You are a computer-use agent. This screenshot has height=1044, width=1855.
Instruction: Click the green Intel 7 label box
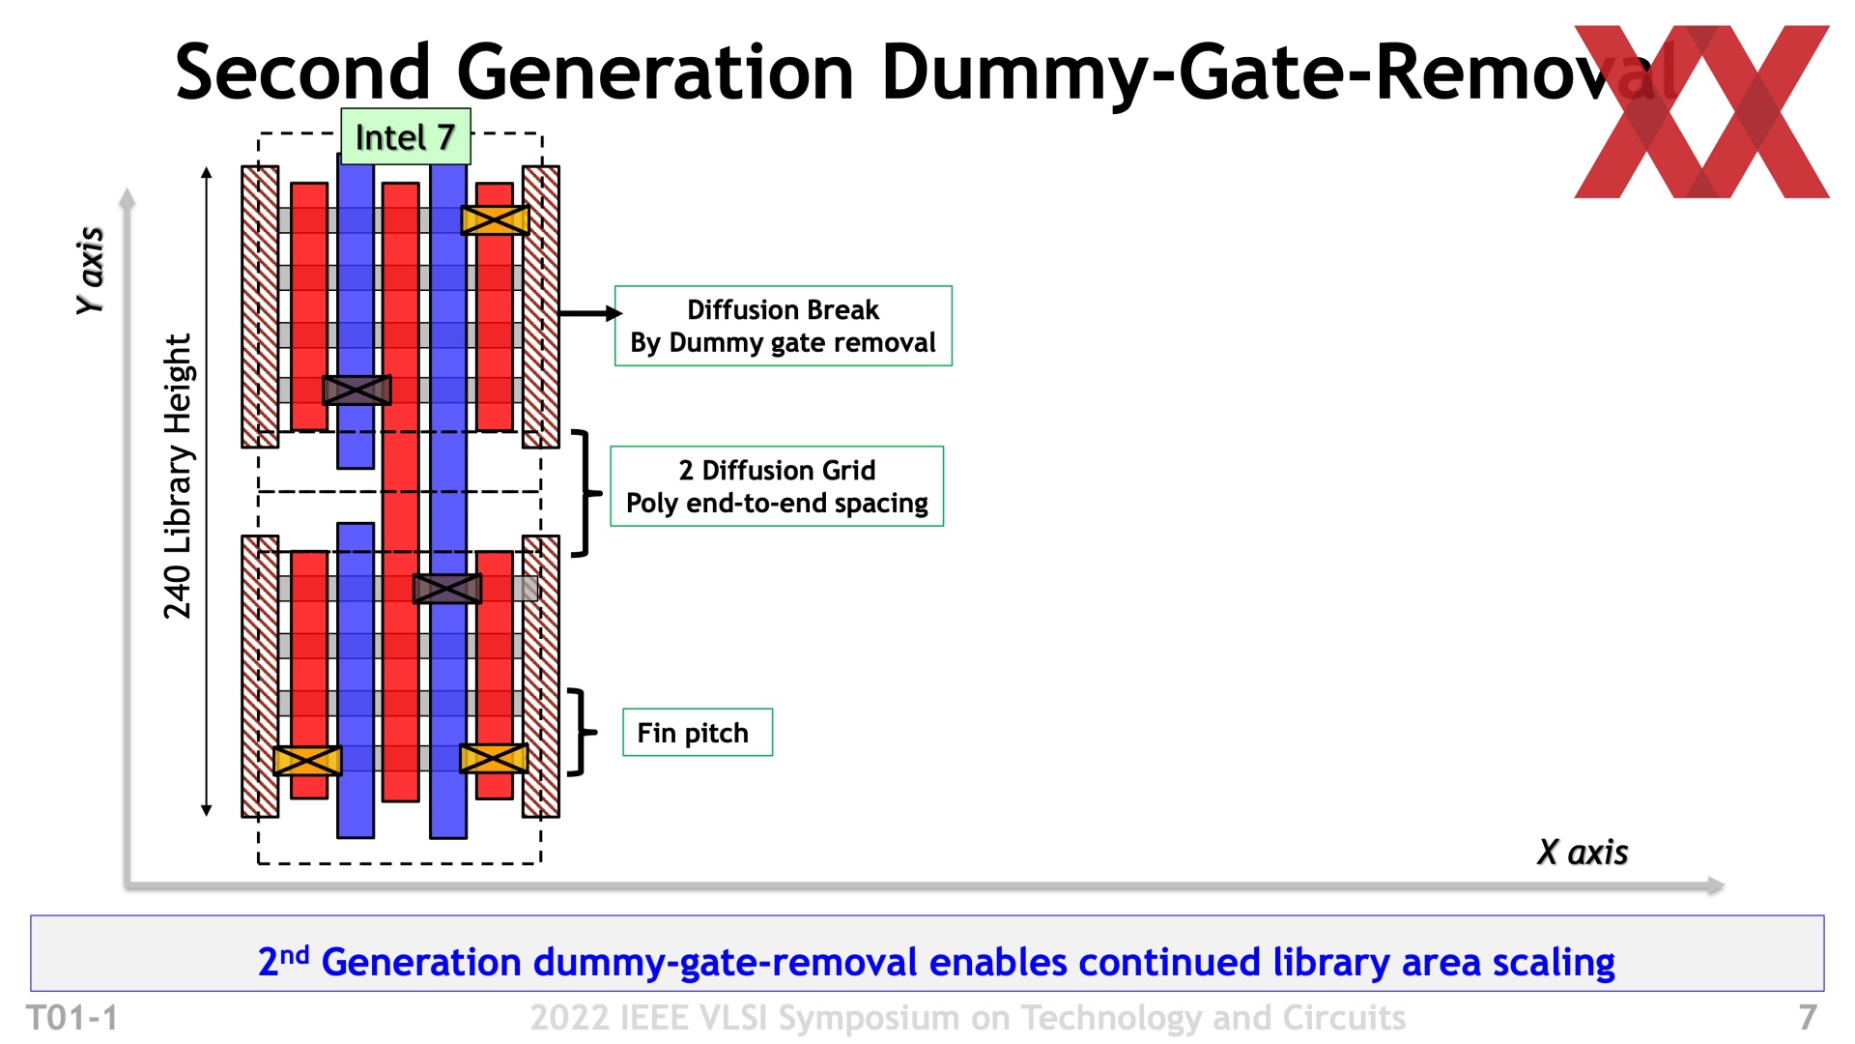click(x=405, y=137)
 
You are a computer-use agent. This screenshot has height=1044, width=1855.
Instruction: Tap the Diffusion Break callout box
click(x=783, y=326)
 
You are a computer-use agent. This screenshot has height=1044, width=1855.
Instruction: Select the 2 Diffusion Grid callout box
click(x=777, y=486)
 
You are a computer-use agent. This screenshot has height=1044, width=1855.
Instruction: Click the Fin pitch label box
click(x=697, y=733)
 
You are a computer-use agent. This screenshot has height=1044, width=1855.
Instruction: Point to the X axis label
click(x=1582, y=853)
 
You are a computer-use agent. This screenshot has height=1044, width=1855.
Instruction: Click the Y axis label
click(x=90, y=271)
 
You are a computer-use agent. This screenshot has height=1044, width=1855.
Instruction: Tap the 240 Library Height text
click(x=178, y=477)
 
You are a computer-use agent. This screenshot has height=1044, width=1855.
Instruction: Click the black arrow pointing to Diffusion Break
click(x=589, y=313)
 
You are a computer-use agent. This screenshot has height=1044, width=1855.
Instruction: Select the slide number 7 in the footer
click(x=1807, y=1018)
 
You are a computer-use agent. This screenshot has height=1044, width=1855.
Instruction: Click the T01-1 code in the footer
click(x=72, y=1018)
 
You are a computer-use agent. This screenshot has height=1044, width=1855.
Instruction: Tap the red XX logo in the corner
click(x=1701, y=112)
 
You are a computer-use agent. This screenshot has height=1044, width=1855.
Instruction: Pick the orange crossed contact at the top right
click(x=495, y=220)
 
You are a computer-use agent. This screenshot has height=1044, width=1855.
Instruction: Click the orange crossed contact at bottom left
click(x=307, y=761)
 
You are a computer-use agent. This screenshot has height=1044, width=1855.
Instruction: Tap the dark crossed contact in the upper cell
click(x=357, y=390)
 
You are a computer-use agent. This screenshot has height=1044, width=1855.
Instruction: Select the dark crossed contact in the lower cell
click(x=446, y=588)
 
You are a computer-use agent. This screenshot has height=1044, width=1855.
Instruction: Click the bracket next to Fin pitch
click(x=579, y=733)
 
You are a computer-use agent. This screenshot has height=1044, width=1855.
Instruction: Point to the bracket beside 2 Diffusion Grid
click(x=583, y=493)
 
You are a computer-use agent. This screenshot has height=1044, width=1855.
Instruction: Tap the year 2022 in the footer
click(x=569, y=1018)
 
